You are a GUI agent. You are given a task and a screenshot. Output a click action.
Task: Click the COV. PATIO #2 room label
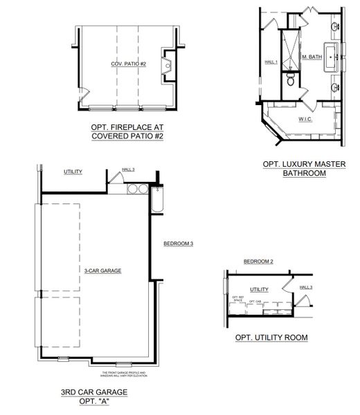(129, 64)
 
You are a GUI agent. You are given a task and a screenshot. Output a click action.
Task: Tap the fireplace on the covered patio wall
(166, 66)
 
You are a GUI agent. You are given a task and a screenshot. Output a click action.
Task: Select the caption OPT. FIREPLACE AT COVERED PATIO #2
(127, 131)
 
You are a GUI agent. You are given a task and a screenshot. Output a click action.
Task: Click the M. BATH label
(312, 56)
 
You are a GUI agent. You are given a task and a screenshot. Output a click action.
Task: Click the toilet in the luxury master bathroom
(291, 81)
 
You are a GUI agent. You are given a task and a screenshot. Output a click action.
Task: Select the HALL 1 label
(271, 62)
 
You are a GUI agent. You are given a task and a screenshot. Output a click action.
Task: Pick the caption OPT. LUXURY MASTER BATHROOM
(304, 169)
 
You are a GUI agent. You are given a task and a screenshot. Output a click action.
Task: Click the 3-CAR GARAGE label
(103, 270)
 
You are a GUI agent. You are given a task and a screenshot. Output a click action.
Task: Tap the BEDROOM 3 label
(178, 243)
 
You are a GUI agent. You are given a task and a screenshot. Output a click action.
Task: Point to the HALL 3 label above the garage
(128, 169)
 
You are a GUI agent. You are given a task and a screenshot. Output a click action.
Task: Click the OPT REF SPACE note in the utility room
(239, 299)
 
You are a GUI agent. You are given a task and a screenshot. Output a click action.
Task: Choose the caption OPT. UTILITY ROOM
(271, 338)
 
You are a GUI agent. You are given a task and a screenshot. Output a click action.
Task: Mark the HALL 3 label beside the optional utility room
(306, 286)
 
